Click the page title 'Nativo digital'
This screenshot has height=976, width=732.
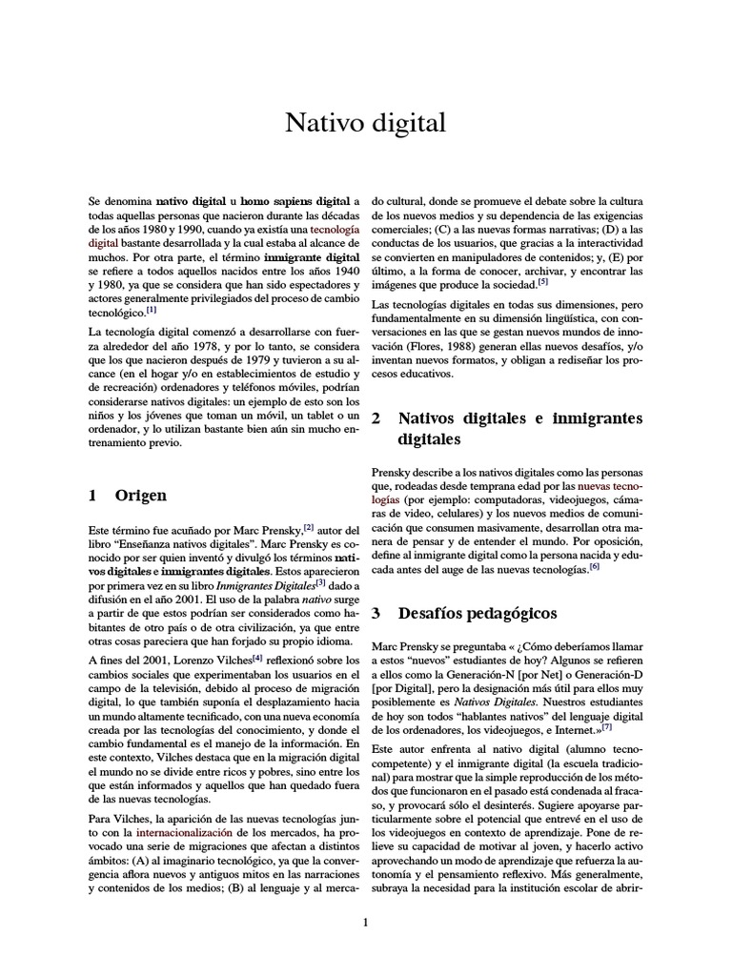coord(366,122)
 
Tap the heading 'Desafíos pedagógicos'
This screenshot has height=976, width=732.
coord(478,613)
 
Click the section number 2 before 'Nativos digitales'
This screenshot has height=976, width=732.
coord(376,418)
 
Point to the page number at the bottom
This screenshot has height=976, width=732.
coord(365,922)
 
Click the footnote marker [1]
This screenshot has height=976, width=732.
coord(152,309)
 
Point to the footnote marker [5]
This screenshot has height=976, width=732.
coord(542,281)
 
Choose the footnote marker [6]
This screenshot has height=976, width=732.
coord(594,566)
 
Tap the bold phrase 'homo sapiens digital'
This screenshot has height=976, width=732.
coord(295,203)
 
